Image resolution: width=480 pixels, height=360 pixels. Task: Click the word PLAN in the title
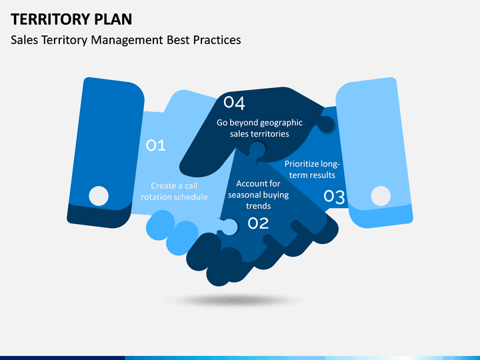[113, 19]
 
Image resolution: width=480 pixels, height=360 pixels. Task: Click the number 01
[156, 145]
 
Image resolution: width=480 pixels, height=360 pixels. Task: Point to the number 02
[258, 223]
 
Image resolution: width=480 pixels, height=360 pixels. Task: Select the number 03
[334, 197]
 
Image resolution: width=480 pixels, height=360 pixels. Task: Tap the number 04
[234, 103]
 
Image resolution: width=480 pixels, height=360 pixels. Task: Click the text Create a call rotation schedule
[174, 191]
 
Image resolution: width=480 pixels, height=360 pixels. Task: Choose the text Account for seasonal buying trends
[259, 195]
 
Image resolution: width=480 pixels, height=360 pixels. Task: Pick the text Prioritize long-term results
[312, 169]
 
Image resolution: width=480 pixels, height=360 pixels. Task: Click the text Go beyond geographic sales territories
[259, 128]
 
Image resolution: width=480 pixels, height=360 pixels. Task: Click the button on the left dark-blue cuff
[99, 196]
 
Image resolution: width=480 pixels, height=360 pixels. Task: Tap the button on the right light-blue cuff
[381, 196]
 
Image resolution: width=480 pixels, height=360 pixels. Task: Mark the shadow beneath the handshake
[235, 300]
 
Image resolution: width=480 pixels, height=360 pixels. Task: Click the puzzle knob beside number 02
[229, 227]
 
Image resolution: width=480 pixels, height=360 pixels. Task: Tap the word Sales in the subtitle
[25, 40]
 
